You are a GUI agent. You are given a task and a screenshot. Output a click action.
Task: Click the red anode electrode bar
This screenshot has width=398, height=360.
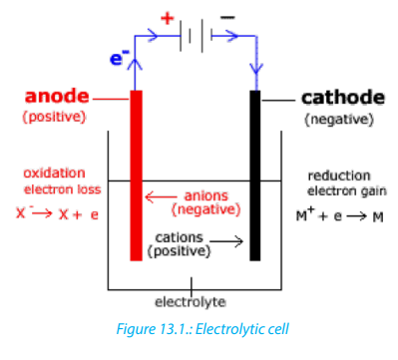136,176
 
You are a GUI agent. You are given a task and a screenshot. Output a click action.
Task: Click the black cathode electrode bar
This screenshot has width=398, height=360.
255,176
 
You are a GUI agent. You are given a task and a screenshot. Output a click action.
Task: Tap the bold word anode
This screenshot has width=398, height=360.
57,96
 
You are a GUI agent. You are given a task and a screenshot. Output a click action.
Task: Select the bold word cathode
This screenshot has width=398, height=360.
343,98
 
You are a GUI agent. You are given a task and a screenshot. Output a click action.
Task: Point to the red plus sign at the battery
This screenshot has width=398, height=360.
168,18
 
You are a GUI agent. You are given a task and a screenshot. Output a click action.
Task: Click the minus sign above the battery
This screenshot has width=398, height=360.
227,18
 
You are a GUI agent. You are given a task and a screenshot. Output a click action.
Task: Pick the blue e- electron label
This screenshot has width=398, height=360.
119,58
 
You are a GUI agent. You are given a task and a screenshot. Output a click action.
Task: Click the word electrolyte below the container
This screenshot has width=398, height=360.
191,302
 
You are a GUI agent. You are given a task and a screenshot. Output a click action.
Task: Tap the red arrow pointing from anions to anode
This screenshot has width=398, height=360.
161,197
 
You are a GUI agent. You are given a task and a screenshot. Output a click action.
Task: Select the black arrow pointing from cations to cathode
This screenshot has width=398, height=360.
226,241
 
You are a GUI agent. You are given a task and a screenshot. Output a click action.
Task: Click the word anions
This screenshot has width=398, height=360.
206,195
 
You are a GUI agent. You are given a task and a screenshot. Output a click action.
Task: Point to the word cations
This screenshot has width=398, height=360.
179,237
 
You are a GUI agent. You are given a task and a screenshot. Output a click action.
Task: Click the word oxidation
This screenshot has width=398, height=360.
54,173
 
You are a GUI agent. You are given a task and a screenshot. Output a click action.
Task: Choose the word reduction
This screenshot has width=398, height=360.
339,176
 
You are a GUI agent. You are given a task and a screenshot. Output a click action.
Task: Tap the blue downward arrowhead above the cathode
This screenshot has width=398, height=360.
255,68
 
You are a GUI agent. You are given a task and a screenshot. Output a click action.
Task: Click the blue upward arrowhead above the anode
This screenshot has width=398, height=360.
135,64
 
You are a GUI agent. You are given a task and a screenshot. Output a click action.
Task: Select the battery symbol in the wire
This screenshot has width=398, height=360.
197,36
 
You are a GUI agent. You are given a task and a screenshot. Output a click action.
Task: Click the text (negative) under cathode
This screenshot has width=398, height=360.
339,120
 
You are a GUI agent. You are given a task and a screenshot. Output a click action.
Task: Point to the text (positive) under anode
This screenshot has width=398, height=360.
54,117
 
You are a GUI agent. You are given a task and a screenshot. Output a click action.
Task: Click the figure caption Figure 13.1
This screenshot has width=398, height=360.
202,329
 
